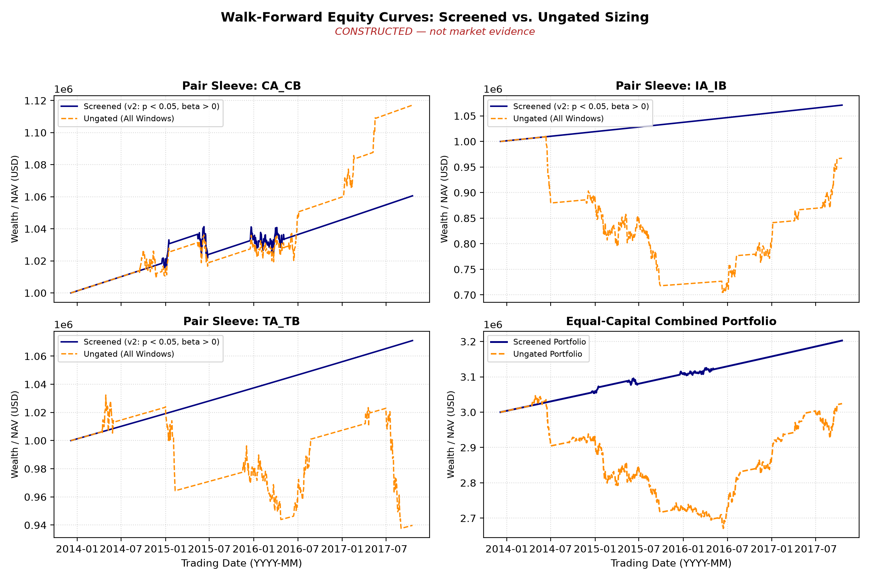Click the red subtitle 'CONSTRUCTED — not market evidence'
435,32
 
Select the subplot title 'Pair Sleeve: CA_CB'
241,86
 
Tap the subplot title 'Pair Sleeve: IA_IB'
671,86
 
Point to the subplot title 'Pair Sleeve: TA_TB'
241,321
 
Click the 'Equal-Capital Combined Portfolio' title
671,321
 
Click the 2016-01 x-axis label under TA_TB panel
254,549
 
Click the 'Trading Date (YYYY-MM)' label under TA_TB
241,563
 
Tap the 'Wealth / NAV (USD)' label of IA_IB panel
444,199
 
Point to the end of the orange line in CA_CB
413,105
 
